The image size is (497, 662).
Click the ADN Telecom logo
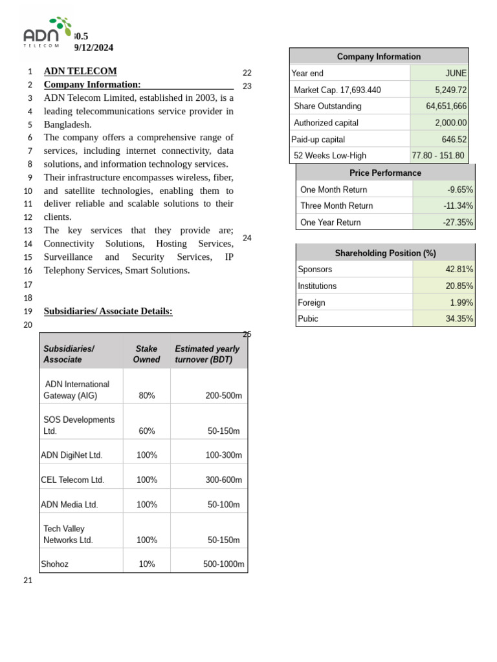pos(47,33)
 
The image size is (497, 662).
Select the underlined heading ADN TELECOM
pos(80,71)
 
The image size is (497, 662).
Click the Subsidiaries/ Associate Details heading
pos(108,312)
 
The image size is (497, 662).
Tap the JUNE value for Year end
pos(456,74)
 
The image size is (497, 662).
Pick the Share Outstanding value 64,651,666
pos(446,106)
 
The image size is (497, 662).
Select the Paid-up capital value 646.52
pos(454,140)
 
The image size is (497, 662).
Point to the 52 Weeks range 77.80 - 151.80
pos(438,156)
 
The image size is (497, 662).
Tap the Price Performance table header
pos(385,173)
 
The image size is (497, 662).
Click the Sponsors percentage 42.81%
pos(459,270)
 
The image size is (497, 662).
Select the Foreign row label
pos(311,303)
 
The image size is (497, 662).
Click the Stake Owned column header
pos(146,354)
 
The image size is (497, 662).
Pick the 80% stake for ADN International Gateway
pos(147,396)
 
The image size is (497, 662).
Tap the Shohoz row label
pos(55,564)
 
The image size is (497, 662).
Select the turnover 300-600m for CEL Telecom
pos(223,480)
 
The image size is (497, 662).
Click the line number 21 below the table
pos(28,581)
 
